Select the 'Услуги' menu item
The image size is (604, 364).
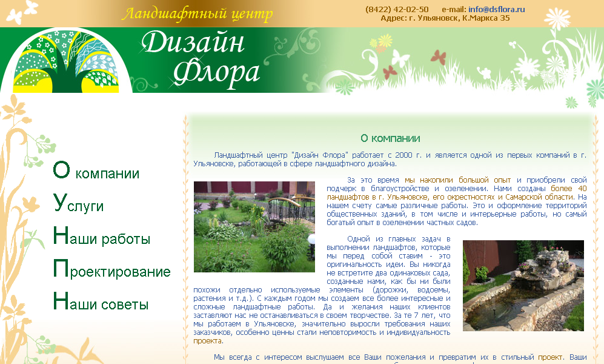(x=78, y=205)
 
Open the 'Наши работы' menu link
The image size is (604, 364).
(x=101, y=237)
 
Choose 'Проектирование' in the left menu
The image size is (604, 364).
(x=111, y=270)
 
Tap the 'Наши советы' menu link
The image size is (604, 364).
(x=100, y=303)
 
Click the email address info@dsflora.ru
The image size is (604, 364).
(x=496, y=9)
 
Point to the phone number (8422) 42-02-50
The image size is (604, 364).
(x=397, y=9)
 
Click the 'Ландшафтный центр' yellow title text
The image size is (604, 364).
(x=197, y=14)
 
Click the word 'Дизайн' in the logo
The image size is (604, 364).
(x=194, y=44)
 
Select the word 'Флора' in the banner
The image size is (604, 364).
(x=217, y=72)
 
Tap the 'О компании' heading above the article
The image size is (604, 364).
(x=390, y=138)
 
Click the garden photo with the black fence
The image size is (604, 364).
(x=254, y=226)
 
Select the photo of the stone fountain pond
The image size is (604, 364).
(x=523, y=285)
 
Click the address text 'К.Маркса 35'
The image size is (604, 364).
(x=486, y=18)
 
